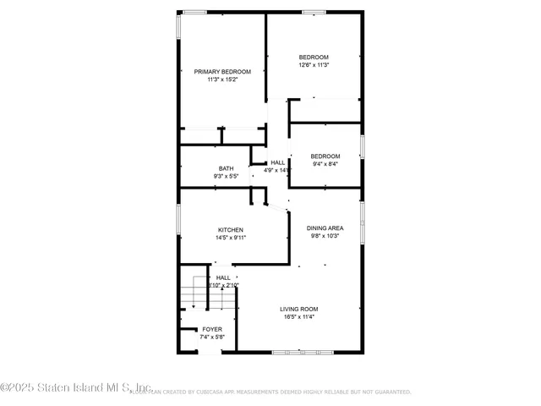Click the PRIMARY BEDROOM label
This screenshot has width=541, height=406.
tap(222, 72)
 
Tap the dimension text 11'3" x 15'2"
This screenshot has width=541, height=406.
tap(222, 80)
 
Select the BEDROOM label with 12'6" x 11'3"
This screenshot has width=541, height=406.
tap(313, 57)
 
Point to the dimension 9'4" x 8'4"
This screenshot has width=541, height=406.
tap(325, 164)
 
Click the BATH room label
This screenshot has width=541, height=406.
tap(226, 168)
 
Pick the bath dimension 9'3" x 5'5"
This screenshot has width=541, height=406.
tap(226, 176)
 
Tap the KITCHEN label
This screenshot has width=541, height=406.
tap(231, 230)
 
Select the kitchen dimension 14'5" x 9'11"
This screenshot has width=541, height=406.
tap(231, 238)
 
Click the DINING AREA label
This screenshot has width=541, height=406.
tap(325, 228)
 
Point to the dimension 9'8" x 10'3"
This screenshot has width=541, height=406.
tap(325, 236)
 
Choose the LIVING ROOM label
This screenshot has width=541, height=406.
tap(299, 309)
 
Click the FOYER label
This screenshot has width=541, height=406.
tap(211, 329)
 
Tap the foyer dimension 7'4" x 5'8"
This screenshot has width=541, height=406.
tap(211, 337)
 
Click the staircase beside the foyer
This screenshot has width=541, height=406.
tap(194, 297)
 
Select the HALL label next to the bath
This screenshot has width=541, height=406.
tap(277, 162)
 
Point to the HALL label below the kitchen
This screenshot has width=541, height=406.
tap(223, 277)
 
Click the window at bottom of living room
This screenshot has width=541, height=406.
tap(298, 351)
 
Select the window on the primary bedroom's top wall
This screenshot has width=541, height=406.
tap(195, 12)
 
